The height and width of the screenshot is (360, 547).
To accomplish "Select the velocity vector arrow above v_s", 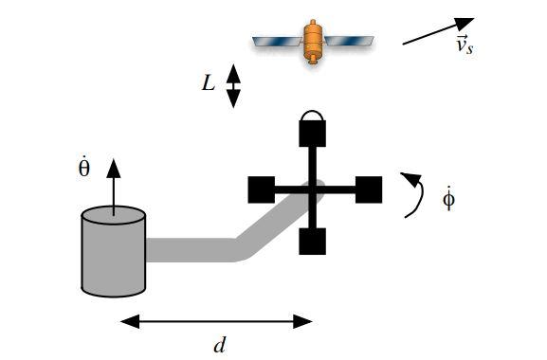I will [x=437, y=30].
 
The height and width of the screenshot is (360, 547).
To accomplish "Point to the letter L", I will [x=209, y=83].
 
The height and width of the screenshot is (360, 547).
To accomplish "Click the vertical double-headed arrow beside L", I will [x=233, y=85].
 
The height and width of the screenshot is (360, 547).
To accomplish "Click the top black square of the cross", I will [x=313, y=134].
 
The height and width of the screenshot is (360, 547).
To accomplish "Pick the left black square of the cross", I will [x=262, y=189].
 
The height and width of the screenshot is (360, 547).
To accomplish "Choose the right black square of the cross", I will [x=368, y=189].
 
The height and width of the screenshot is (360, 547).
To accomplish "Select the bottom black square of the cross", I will [x=313, y=242].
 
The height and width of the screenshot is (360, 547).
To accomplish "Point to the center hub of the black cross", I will [x=313, y=189].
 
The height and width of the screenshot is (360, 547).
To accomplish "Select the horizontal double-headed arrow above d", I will [x=216, y=321].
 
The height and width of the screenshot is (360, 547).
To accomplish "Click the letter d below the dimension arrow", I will [x=220, y=345].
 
